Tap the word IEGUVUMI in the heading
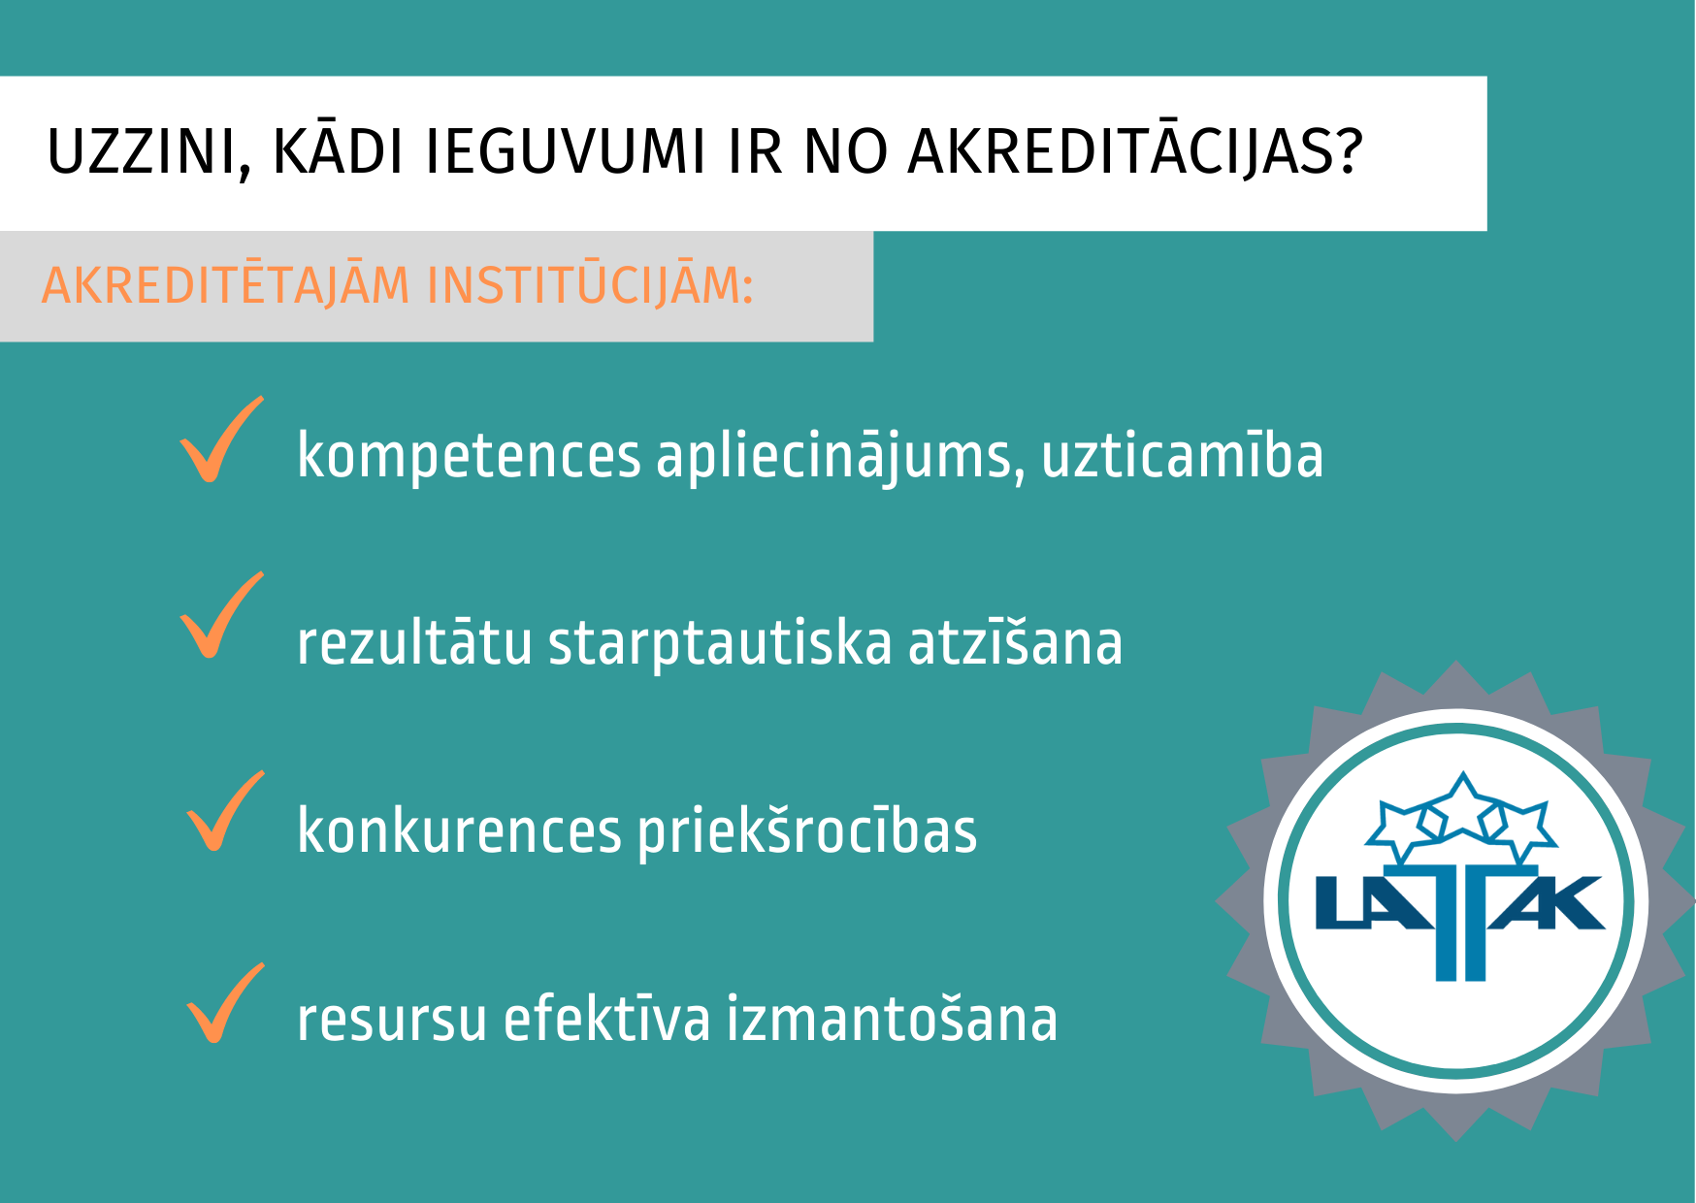[566, 152]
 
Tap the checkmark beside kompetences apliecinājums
[221, 439]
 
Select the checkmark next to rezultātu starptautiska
[221, 615]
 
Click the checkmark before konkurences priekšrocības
[225, 811]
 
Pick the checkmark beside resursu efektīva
[225, 1003]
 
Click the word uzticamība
[1183, 455]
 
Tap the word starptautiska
[720, 643]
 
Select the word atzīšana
[1015, 643]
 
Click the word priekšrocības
[807, 831]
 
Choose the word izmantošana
[892, 1019]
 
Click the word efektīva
[607, 1019]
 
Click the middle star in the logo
[1462, 805]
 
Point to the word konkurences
[459, 831]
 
